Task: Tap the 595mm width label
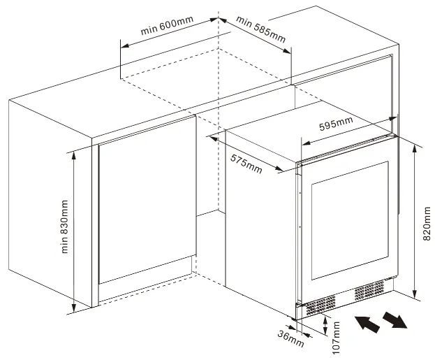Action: click(x=336, y=124)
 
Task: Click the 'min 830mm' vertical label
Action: click(x=65, y=227)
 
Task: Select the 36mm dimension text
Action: click(x=293, y=340)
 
